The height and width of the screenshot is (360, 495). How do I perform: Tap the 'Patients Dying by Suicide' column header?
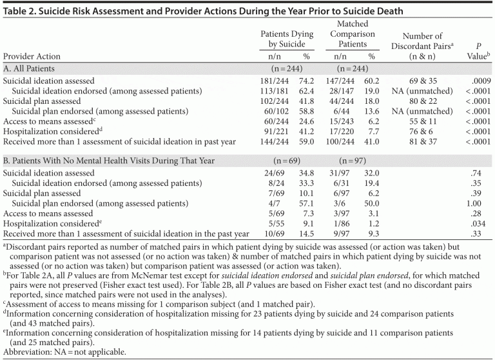[x=286, y=39]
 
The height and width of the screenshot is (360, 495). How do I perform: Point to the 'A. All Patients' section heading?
[x=29, y=68]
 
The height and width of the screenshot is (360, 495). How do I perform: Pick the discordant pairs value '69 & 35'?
[x=422, y=81]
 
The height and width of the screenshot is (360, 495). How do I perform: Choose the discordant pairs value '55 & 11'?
[x=422, y=121]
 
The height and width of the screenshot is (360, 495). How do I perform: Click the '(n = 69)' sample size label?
[x=285, y=159]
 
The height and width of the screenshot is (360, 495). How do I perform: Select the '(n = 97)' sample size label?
[x=353, y=159]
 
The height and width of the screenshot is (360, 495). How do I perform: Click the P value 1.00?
[x=480, y=203]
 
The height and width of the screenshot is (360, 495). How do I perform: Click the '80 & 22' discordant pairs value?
[x=422, y=101]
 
